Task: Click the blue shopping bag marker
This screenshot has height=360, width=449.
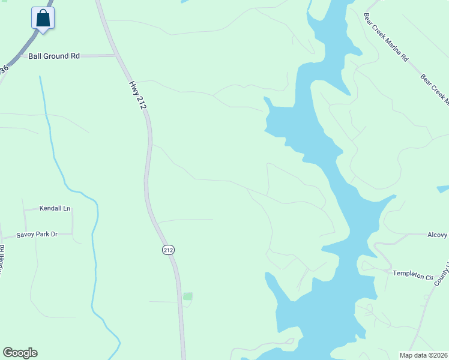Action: point(43,17)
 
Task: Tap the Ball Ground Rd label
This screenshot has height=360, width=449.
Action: point(54,56)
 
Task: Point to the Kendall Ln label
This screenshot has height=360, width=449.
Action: point(55,209)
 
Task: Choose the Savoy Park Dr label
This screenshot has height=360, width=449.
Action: point(37,234)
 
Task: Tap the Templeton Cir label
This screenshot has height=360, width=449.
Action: point(412,274)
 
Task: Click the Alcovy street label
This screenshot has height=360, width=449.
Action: point(438,235)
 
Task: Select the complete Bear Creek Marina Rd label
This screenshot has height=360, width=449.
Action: point(386,37)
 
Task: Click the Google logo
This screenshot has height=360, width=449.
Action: point(20,353)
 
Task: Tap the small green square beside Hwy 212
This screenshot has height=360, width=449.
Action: point(188,296)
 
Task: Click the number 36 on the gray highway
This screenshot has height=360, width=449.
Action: point(5,70)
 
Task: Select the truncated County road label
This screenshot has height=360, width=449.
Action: point(442,273)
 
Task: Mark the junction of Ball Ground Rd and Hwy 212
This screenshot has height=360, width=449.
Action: point(116,56)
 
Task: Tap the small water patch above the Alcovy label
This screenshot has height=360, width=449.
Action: point(443,189)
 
